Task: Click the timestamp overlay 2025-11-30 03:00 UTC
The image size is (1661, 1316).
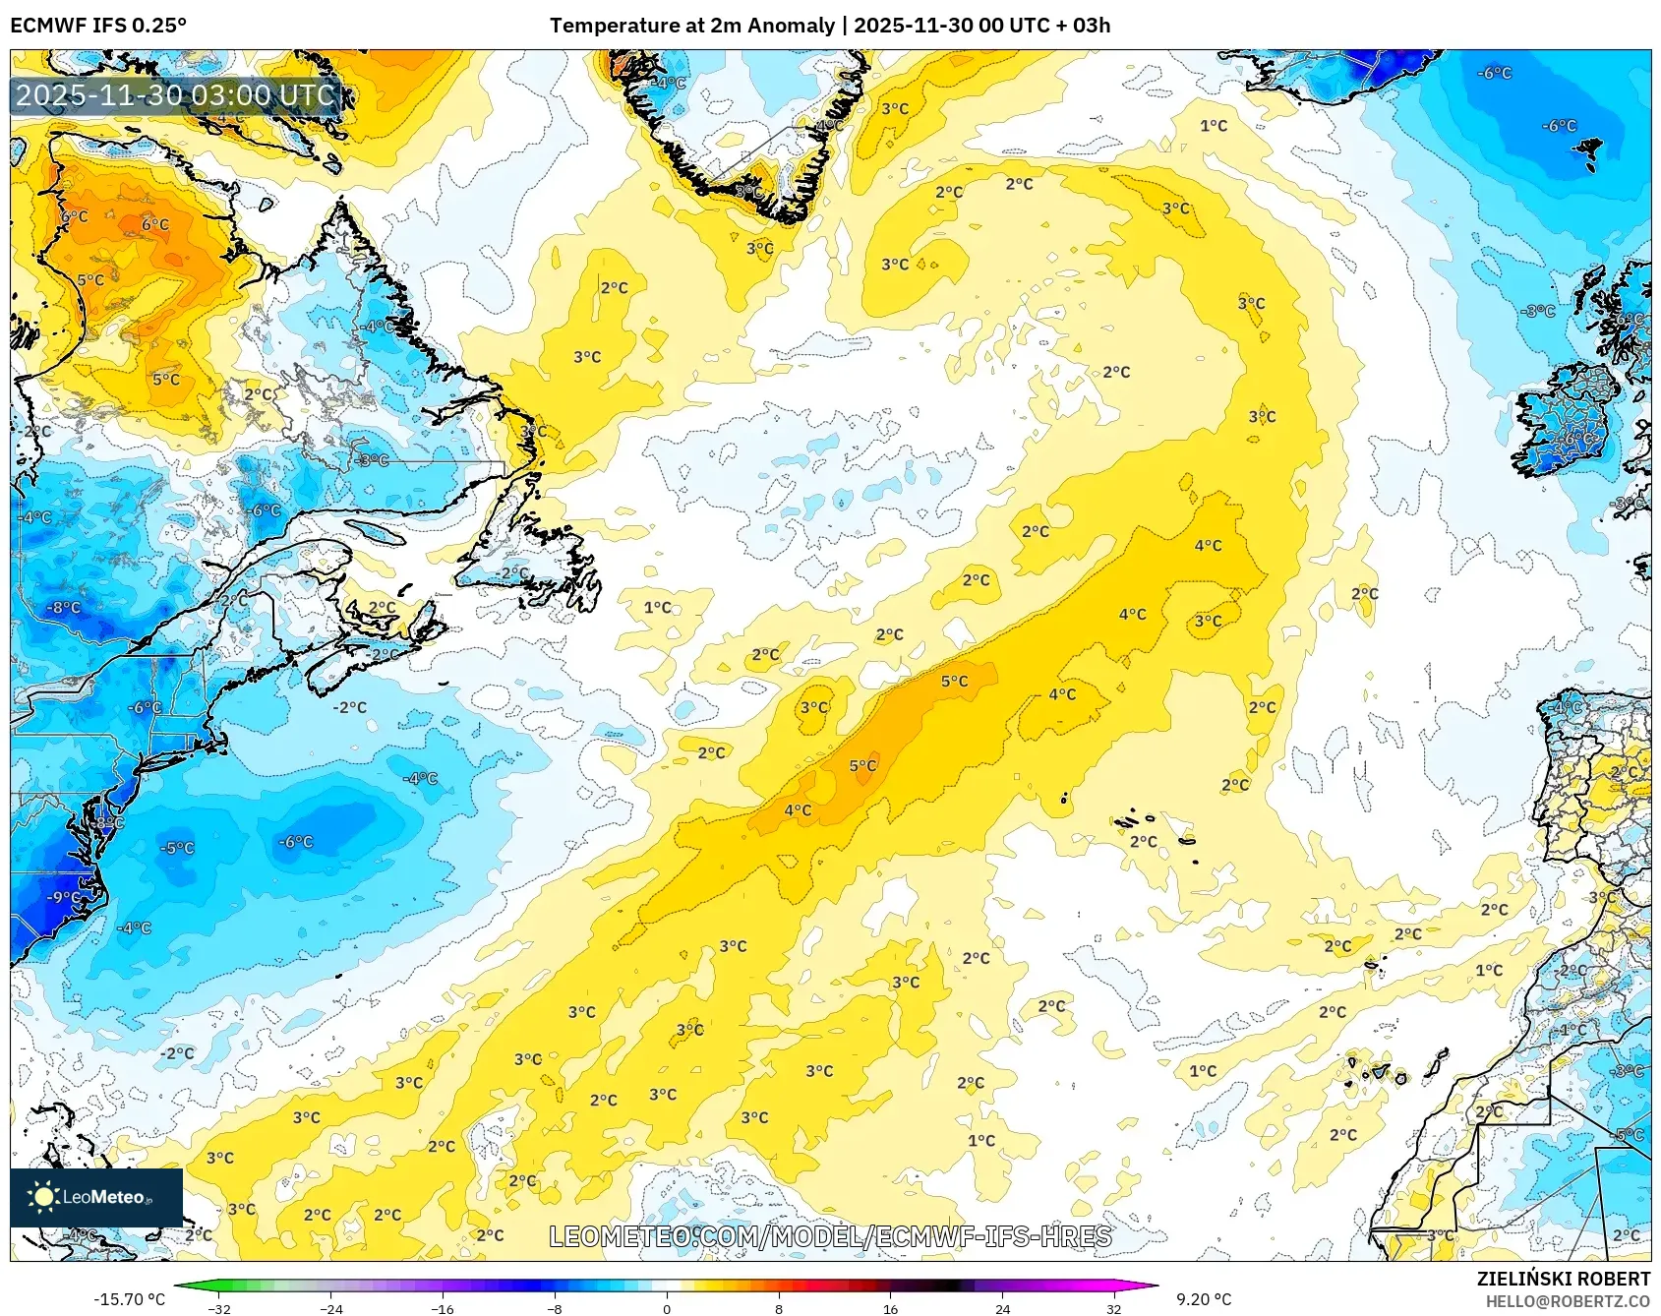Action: (175, 95)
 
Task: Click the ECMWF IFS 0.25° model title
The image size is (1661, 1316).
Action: (98, 26)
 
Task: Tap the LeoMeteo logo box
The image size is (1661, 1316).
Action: (96, 1197)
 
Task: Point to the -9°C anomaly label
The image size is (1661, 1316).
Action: (64, 897)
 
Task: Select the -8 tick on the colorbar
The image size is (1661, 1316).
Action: (555, 1308)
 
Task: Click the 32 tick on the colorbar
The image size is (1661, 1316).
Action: (1113, 1308)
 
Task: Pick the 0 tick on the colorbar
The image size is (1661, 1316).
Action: (667, 1308)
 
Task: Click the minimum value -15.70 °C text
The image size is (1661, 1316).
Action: (129, 1299)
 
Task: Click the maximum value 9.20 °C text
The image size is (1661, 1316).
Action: (1203, 1299)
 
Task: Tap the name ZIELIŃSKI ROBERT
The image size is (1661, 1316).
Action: (1563, 1279)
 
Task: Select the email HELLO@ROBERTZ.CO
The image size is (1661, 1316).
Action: (1567, 1301)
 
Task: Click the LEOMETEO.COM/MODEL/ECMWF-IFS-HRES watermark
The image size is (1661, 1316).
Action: (830, 1236)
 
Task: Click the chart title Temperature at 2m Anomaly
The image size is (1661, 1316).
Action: (691, 26)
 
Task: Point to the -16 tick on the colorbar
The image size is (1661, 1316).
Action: (443, 1308)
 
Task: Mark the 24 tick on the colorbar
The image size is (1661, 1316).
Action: (1002, 1308)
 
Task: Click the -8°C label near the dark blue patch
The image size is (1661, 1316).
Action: (65, 608)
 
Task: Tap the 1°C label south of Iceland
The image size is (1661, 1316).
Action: (1214, 126)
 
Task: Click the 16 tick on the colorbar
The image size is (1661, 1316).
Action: (890, 1308)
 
